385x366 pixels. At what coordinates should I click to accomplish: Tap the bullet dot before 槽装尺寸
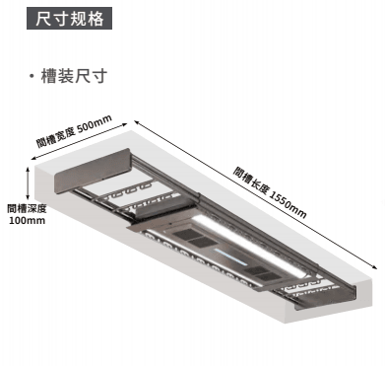click(32, 77)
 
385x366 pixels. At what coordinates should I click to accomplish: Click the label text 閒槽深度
click(28, 208)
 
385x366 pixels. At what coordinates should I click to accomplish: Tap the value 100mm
click(28, 220)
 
